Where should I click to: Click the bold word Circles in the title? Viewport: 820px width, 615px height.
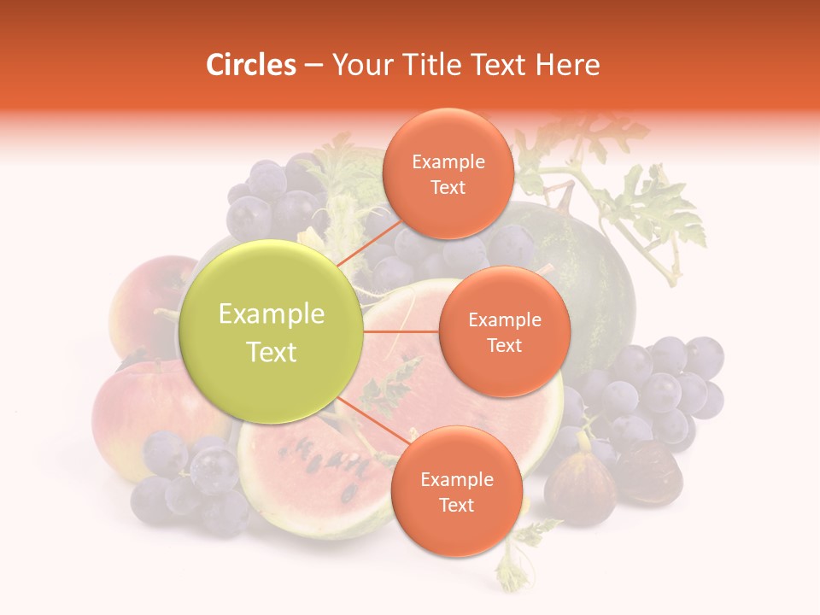click(x=250, y=65)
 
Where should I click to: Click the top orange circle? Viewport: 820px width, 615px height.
click(x=448, y=174)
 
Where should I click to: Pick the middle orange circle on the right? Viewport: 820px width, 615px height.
click(x=504, y=331)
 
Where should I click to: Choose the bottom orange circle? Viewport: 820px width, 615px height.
click(x=456, y=492)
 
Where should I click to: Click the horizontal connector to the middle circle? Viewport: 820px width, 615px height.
click(x=400, y=331)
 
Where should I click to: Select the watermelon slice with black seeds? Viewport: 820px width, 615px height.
click(x=316, y=474)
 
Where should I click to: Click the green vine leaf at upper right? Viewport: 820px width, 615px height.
click(x=658, y=209)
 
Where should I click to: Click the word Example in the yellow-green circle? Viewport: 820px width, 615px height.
click(x=272, y=314)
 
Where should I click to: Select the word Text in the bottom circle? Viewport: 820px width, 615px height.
click(x=456, y=505)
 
